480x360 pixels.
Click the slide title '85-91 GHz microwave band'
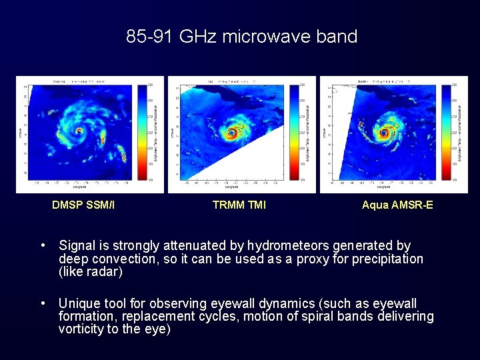coord(241,36)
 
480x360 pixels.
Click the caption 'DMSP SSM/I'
coord(83,205)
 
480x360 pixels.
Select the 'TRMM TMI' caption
coord(239,205)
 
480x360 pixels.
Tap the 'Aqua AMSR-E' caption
coord(397,205)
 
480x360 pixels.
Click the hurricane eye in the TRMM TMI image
coord(232,133)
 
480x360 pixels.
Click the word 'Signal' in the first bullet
coord(76,246)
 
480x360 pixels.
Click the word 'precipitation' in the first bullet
coord(387,259)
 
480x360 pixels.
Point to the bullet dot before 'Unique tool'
coord(43,303)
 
